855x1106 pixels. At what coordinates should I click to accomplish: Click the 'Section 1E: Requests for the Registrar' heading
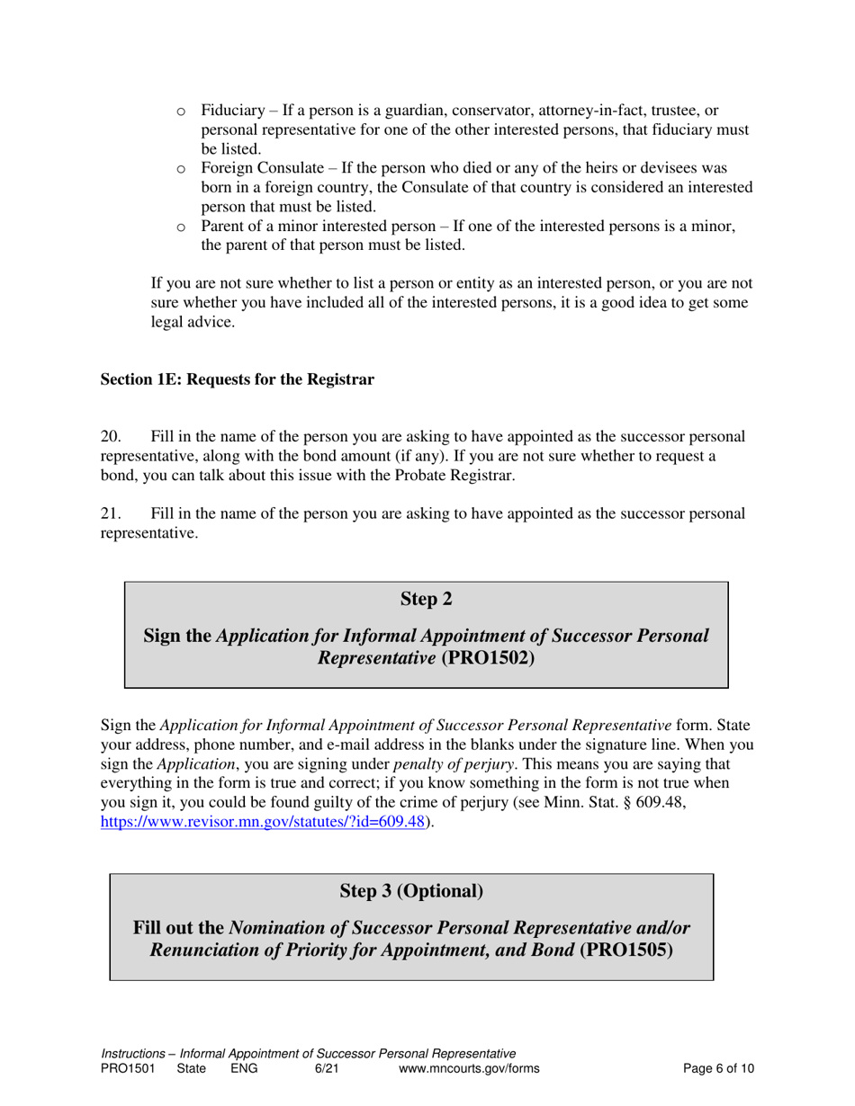point(237,379)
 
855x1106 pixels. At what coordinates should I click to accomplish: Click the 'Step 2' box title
point(426,599)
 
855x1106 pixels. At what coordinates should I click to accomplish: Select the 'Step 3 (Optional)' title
point(411,891)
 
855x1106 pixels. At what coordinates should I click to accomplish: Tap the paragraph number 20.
point(110,436)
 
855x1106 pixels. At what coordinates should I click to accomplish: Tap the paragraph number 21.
point(110,513)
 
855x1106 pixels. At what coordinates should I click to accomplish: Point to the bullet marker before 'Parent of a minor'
point(181,227)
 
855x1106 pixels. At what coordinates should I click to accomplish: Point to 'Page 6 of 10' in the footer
point(718,1068)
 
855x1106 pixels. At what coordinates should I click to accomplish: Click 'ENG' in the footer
point(244,1068)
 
